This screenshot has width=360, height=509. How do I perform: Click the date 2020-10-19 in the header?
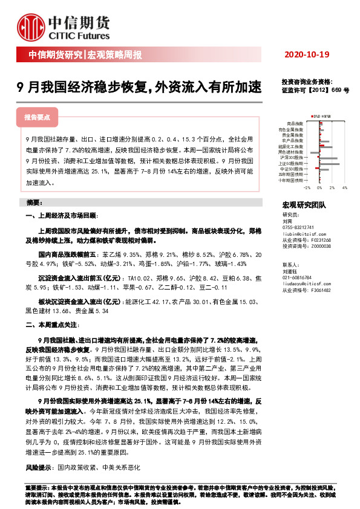306,55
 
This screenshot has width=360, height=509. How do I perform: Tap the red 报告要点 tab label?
37,117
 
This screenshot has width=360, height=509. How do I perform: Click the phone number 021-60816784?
296,276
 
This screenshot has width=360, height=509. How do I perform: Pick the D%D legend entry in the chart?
315,115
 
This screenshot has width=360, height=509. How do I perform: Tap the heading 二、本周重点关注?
53,325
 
